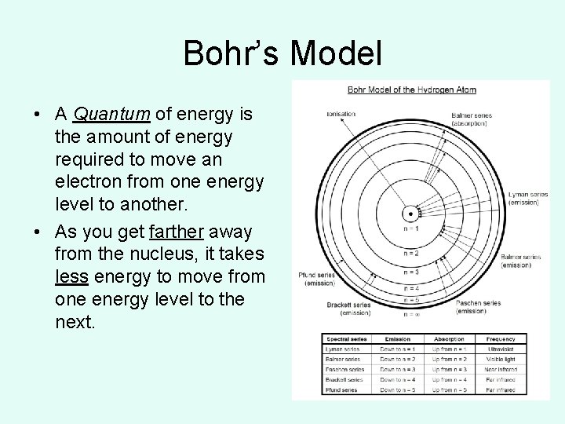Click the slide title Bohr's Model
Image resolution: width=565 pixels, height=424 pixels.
[x=282, y=54]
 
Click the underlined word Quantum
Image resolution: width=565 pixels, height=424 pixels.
[x=111, y=115]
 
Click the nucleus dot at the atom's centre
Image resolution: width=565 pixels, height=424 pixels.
[x=409, y=213]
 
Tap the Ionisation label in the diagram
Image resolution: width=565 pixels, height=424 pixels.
[x=341, y=114]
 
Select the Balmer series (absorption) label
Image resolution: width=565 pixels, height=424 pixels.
[x=472, y=119]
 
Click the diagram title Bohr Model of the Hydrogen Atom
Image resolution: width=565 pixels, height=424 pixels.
[x=411, y=90]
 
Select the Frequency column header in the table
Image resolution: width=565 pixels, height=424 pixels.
[x=500, y=339]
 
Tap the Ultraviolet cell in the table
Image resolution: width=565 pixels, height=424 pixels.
[x=500, y=349]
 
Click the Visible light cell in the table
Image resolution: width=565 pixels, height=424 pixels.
[x=500, y=359]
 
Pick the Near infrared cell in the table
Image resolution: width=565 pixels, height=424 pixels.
[x=500, y=369]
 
